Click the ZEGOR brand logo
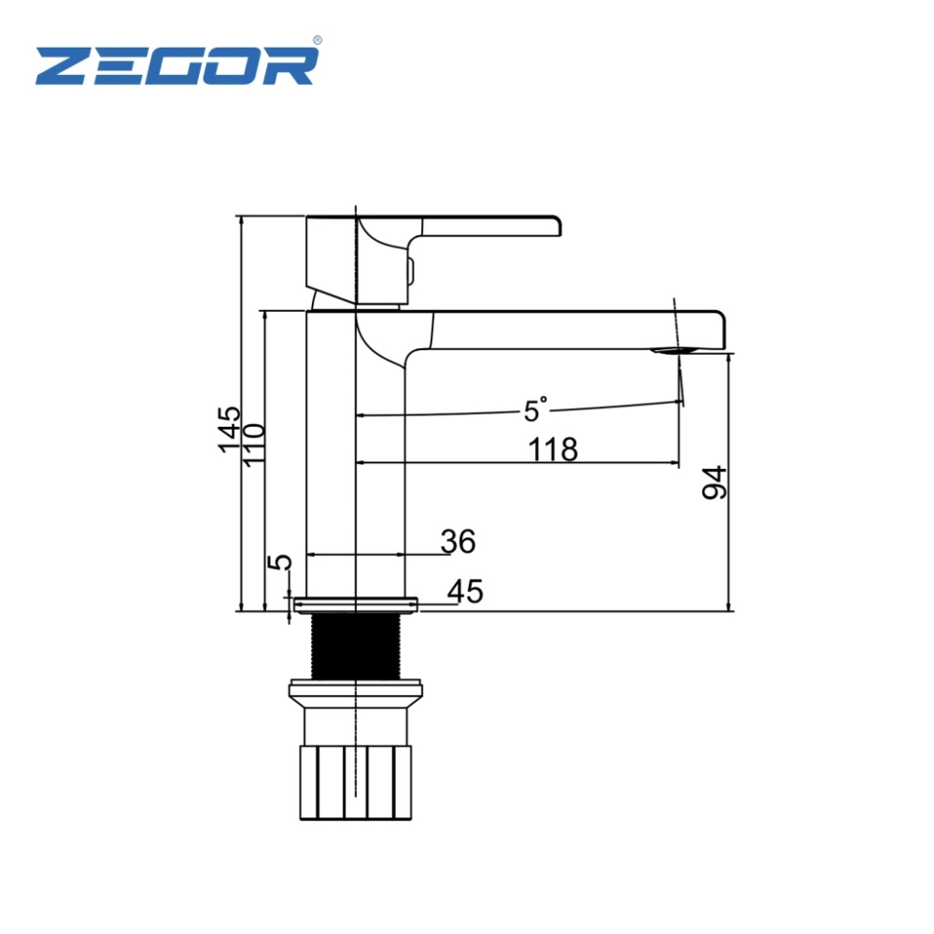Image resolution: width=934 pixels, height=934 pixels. coord(177,65)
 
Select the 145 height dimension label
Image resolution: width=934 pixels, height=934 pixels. coord(230,430)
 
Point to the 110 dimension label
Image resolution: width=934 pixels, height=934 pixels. coord(253,445)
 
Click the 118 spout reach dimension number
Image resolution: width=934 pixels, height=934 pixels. coord(553,449)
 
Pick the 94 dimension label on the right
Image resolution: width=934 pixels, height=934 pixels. coord(715,483)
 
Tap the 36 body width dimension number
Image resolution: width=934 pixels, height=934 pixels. coord(458,542)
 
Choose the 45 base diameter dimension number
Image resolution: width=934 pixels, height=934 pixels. coord(465,591)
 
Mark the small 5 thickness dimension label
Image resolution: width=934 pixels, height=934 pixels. coord(280,561)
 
